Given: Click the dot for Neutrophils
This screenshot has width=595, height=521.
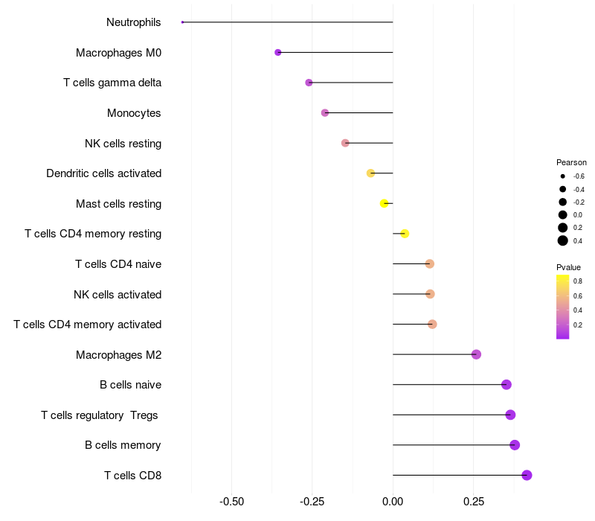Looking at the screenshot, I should pos(182,22).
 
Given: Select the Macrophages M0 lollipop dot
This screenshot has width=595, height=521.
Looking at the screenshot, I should pos(277,52).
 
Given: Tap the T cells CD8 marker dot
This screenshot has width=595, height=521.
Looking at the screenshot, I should pos(527,475).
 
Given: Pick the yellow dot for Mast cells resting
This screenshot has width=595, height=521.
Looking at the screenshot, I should pos(385,203).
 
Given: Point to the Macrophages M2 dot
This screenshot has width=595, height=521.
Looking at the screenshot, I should pos(476,354).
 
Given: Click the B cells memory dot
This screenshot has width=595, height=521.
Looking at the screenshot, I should pos(515,445).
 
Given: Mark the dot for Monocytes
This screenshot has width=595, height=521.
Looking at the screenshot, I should pos(325,112).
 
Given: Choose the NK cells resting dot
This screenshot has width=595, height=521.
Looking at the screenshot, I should pos(345,143).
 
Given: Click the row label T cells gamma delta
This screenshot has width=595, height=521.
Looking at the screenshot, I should pos(112,83).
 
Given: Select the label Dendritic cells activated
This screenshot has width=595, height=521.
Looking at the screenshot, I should pos(103,173).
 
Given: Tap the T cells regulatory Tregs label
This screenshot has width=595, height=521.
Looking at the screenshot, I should pos(100,415).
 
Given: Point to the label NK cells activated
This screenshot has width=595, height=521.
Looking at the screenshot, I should pos(118,294).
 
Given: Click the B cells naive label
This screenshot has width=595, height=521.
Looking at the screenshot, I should pos(130,385).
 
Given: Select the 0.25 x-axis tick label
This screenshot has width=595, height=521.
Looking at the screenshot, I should pos(473,502).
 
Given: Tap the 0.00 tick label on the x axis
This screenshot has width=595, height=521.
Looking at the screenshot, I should pos(393,502).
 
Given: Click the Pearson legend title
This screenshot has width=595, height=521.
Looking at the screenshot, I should pos(571,162).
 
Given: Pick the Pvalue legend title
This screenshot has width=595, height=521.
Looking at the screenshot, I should pos(568,267).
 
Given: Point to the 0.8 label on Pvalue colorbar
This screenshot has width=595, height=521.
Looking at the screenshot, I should pos(578,281).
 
